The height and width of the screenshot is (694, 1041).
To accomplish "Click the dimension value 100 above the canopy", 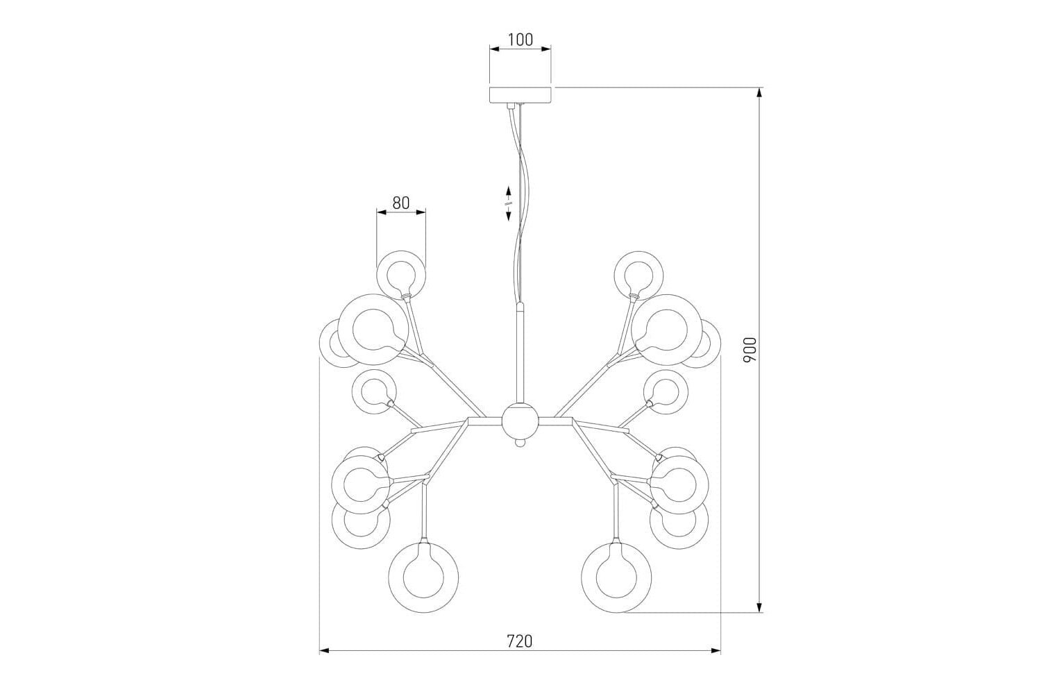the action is tap(520, 40).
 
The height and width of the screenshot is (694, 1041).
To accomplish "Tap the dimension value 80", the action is tap(400, 203).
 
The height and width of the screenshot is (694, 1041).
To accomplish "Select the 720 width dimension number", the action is tap(519, 641).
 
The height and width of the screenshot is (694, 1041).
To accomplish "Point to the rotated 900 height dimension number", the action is tap(750, 350).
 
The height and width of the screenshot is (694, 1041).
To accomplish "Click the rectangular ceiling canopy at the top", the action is tap(520, 94).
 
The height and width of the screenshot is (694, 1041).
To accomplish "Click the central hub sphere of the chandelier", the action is tap(520, 422).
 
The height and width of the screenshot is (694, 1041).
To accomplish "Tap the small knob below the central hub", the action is tap(520, 443).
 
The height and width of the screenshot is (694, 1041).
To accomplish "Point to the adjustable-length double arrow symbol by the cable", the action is tap(509, 203).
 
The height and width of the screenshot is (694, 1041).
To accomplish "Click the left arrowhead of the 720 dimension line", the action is tap(324, 651).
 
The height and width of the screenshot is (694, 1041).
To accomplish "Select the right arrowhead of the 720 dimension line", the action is tap(716, 651).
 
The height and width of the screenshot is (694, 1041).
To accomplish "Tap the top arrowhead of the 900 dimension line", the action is tap(759, 92).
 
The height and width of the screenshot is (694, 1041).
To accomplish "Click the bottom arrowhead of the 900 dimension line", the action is tap(759, 607).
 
